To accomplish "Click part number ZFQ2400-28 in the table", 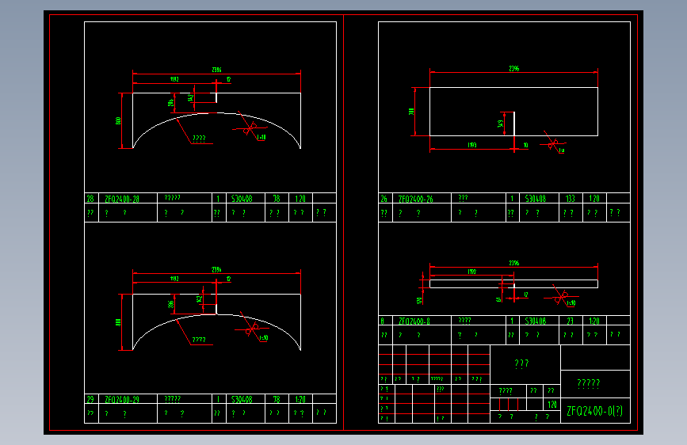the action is (x=122, y=200).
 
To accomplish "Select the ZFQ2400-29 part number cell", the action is (x=122, y=400).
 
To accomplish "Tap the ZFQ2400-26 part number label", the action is (x=416, y=200).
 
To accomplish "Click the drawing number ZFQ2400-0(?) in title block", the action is (x=594, y=411).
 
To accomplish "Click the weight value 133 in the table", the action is (x=570, y=200).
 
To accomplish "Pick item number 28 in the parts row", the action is (x=90, y=200).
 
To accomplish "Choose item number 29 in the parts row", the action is (x=90, y=400).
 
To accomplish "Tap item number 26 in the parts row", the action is (x=384, y=200).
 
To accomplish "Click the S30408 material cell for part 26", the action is (x=534, y=200).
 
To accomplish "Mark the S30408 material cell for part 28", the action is (x=241, y=200).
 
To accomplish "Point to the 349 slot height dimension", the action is (x=501, y=124).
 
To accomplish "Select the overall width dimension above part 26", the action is (x=513, y=70).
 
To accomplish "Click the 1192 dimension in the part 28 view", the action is (x=174, y=80).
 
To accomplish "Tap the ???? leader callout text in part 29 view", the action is (x=198, y=340).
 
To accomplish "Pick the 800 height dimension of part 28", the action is (x=119, y=120).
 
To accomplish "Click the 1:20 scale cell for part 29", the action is (x=300, y=400).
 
